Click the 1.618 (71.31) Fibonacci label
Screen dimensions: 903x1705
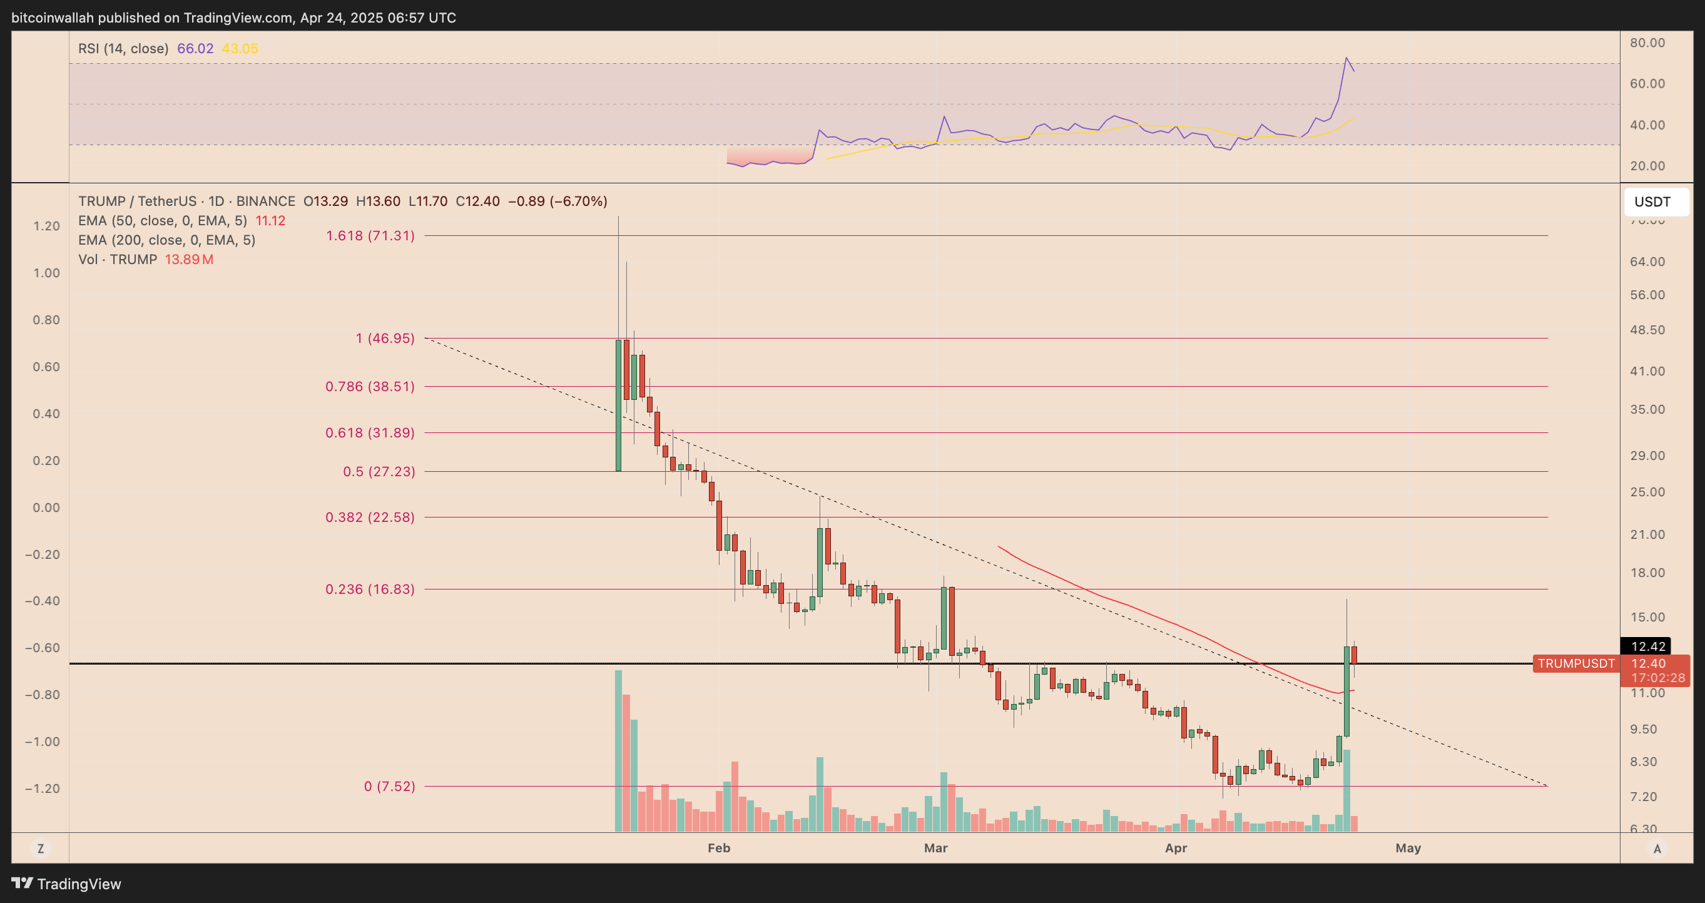(x=370, y=236)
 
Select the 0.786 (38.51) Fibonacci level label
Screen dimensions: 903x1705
(x=370, y=387)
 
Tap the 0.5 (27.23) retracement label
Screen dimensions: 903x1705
(x=379, y=471)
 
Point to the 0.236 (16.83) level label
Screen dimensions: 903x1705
(x=370, y=589)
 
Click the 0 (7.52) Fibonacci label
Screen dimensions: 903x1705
(x=389, y=787)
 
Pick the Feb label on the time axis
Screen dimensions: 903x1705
(x=719, y=848)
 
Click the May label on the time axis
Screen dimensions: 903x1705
(x=1408, y=848)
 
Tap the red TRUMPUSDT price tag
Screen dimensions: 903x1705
(x=1576, y=663)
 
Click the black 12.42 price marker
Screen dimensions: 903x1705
(x=1647, y=646)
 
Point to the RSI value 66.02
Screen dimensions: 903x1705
(x=195, y=48)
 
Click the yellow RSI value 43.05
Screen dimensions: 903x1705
(x=240, y=48)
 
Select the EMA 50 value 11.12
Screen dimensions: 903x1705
(x=271, y=220)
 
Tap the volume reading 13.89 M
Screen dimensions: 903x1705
(x=188, y=260)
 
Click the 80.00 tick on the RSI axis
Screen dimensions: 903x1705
(x=1647, y=43)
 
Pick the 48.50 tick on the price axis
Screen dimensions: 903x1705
(x=1647, y=330)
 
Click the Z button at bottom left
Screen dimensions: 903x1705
(x=41, y=848)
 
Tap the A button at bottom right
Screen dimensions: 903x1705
(x=1657, y=848)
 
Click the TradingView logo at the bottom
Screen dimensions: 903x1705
(x=66, y=884)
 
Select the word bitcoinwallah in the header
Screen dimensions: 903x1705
(x=53, y=18)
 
